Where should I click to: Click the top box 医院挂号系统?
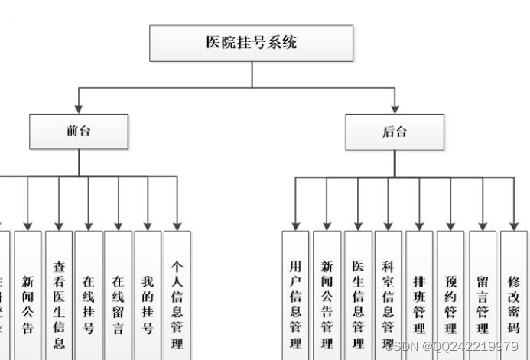tap(251, 43)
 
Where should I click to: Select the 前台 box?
tap(78, 131)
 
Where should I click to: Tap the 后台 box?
tap(394, 131)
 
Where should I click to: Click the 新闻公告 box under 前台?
tap(28, 294)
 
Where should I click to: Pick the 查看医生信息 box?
tap(59, 294)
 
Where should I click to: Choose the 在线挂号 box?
tap(89, 294)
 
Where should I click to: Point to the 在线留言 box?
tap(118, 294)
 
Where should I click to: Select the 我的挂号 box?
tap(148, 294)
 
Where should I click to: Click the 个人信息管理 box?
tap(177, 294)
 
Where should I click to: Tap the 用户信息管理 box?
tap(295, 294)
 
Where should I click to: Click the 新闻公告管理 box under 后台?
tap(327, 294)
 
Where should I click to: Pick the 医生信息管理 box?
tap(357, 294)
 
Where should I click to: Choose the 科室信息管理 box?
tap(388, 294)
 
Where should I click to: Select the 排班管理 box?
tap(419, 294)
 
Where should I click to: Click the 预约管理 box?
tap(450, 294)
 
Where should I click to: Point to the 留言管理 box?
tap(483, 294)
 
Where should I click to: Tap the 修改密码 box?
tap(514, 294)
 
